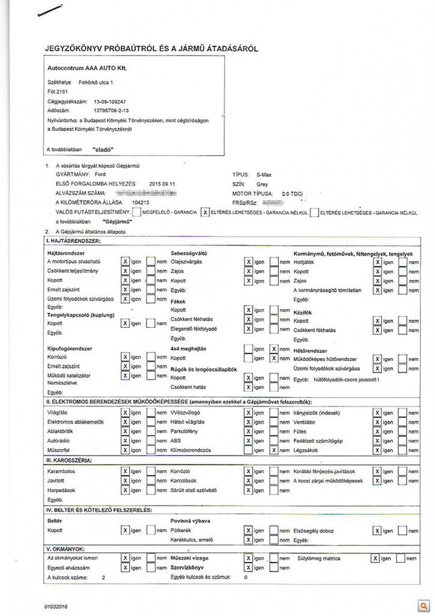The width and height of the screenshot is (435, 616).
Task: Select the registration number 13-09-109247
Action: pyautogui.click(x=110, y=102)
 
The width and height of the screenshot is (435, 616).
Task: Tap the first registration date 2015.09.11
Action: pyautogui.click(x=163, y=183)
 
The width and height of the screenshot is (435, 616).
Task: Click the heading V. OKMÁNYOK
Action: pyautogui.click(x=67, y=549)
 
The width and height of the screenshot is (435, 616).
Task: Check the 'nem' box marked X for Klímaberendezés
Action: pyautogui.click(x=274, y=450)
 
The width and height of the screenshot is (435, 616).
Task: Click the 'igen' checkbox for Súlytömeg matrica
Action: pyautogui.click(x=376, y=558)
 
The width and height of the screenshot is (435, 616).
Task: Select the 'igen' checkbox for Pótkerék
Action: pyautogui.click(x=248, y=530)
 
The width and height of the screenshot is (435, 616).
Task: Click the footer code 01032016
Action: pyautogui.click(x=56, y=606)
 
